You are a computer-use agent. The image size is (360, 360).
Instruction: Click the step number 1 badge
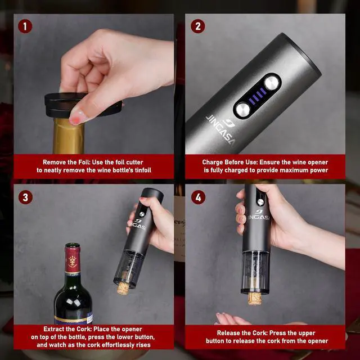tap(25, 26)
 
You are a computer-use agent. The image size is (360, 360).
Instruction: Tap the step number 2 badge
tap(197, 26)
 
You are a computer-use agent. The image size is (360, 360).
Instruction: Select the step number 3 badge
tap(25, 197)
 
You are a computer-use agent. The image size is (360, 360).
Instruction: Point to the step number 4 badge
tap(197, 197)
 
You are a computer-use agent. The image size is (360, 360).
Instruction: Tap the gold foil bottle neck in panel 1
tap(69, 138)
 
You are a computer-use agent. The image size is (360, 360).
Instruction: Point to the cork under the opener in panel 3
tap(123, 289)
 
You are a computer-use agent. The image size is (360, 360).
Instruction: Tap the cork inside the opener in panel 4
tap(255, 296)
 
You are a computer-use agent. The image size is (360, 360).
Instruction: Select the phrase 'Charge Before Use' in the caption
tap(231, 162)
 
